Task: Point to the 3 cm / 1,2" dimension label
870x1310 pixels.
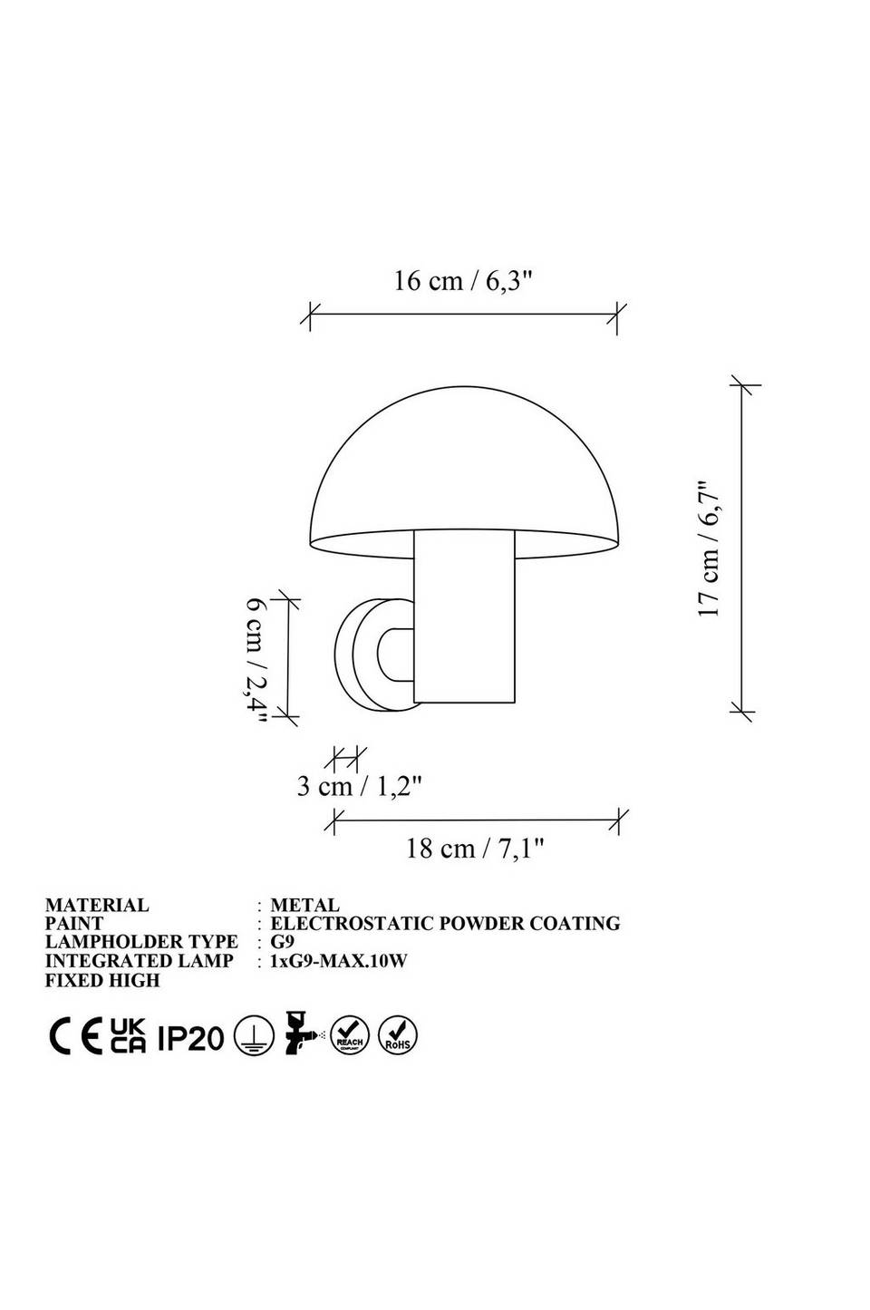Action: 359,786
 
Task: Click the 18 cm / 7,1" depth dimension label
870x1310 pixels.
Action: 475,848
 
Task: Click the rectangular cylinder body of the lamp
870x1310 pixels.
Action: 464,617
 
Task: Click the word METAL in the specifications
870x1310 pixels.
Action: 304,906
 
